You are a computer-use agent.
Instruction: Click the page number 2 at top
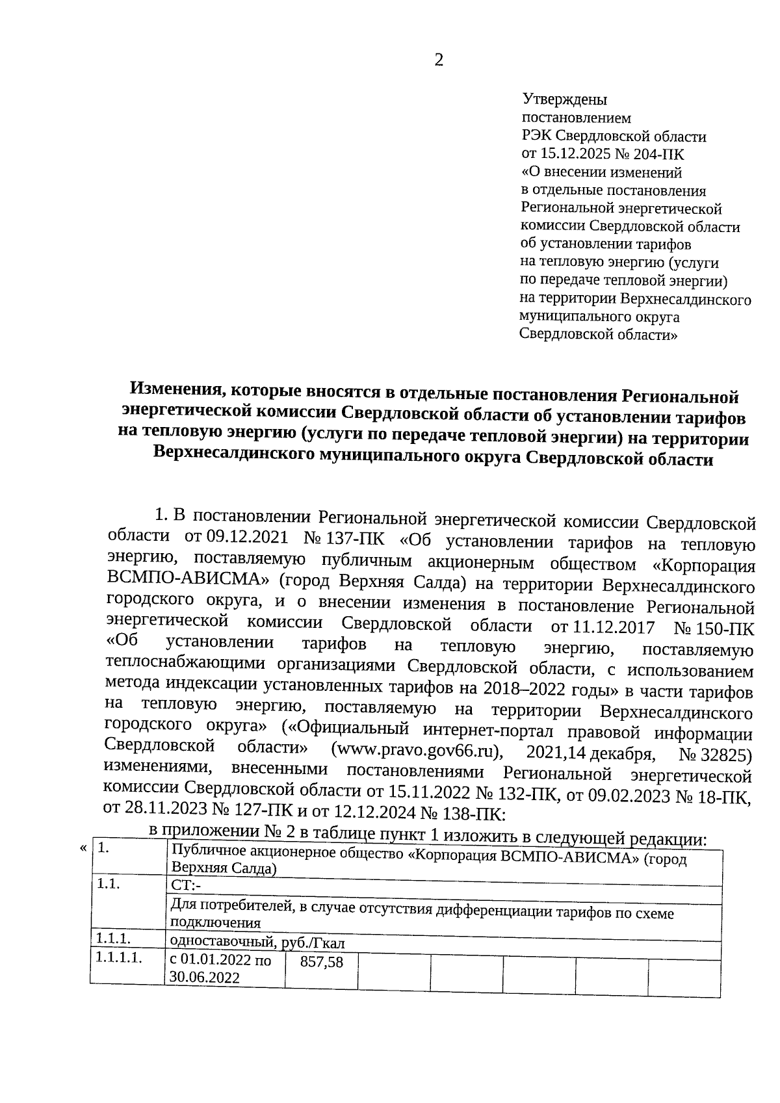[439, 60]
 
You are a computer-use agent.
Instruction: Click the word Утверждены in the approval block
[564, 100]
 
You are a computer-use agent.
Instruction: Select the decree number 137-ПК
[355, 539]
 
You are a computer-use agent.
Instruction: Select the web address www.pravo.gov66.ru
[416, 751]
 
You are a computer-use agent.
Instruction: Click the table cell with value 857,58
[321, 963]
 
